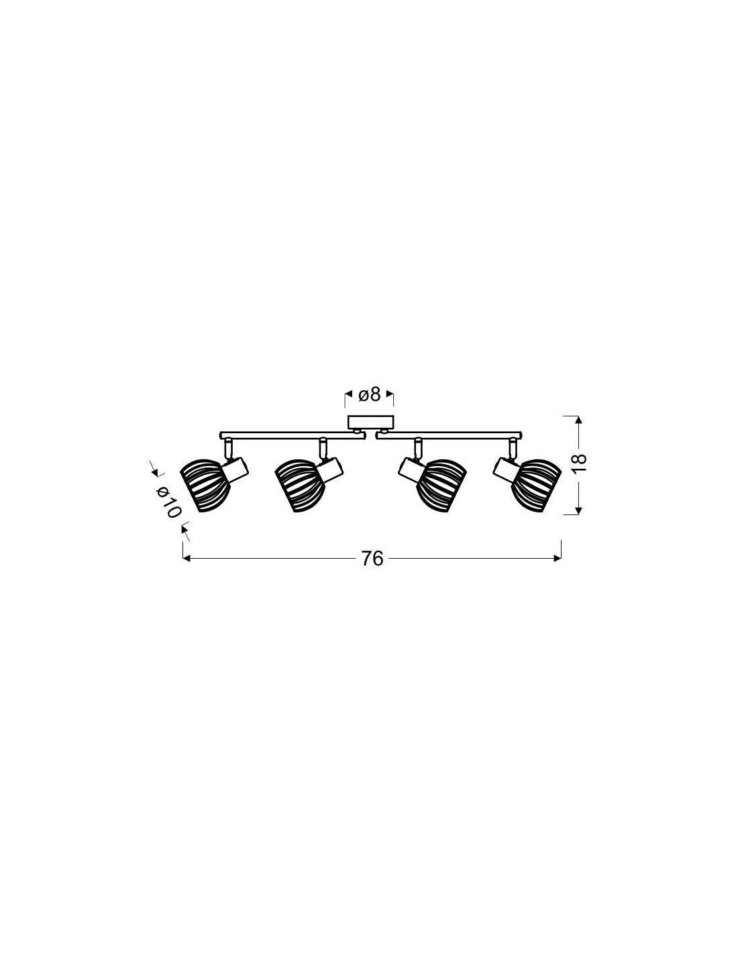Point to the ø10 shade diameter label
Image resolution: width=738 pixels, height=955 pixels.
[x=168, y=502]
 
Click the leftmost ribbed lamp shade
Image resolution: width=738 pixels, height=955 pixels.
[x=205, y=485]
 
